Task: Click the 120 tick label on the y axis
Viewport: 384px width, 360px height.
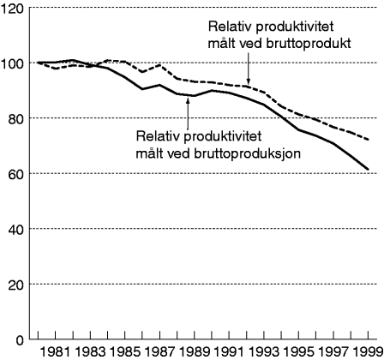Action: pos(14,8)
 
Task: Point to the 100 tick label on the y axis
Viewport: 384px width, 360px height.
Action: pos(14,63)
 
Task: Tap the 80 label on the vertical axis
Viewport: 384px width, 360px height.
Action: pos(17,118)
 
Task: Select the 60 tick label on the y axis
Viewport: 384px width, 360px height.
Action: pos(17,174)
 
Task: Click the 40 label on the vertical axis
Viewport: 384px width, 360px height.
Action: pos(17,229)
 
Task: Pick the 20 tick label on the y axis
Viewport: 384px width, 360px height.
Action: pos(17,284)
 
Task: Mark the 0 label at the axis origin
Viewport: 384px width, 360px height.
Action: pos(21,339)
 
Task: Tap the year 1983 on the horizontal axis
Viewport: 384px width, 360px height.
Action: pos(90,351)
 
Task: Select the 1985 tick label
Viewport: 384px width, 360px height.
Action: pos(126,351)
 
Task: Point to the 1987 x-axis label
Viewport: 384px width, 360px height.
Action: pos(161,351)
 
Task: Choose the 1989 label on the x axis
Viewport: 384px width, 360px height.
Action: pos(197,351)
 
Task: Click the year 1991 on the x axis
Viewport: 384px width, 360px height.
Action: pos(233,351)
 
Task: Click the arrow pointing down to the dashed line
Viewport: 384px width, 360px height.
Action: pos(247,69)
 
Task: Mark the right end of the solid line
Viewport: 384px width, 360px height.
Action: pos(369,169)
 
